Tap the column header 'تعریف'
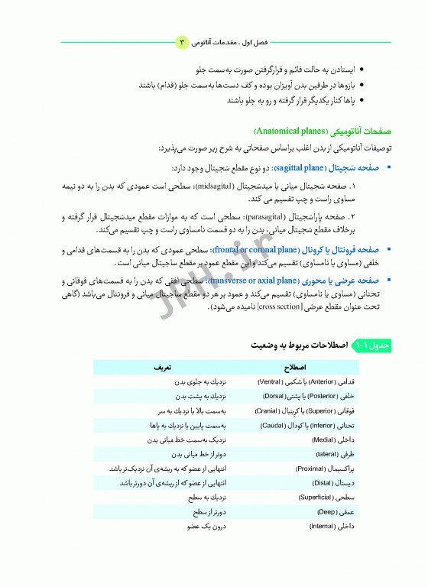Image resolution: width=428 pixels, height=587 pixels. pyautogui.click(x=162, y=367)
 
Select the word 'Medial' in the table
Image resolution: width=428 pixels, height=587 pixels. pyautogui.click(x=324, y=439)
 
